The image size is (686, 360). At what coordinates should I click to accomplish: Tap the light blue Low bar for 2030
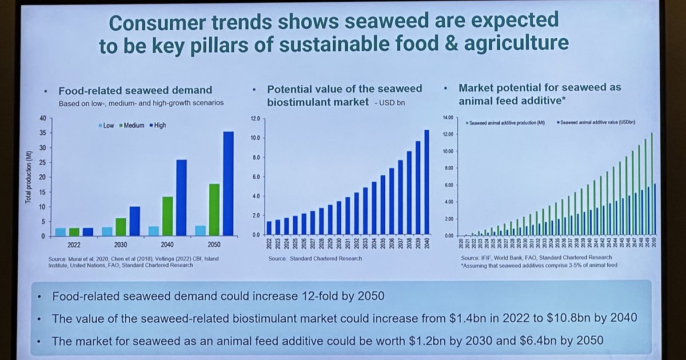107,231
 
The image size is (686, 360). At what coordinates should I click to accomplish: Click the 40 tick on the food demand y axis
42,118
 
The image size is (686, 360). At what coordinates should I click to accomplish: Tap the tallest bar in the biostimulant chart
426,182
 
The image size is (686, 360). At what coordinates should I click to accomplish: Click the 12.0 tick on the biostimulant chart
255,118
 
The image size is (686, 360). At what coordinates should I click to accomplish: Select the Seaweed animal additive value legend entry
598,123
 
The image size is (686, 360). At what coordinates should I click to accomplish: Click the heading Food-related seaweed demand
135,90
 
